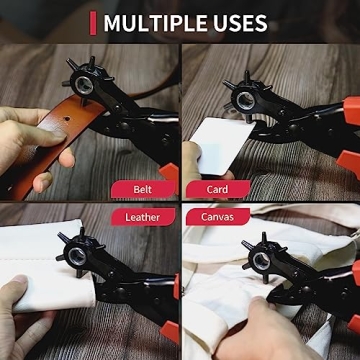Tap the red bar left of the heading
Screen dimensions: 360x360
[x=93, y=23]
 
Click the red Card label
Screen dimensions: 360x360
[x=216, y=189]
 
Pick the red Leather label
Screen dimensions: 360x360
[x=142, y=216]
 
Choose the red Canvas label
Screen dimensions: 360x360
[x=218, y=216]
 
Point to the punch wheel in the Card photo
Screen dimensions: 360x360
[x=243, y=99]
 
